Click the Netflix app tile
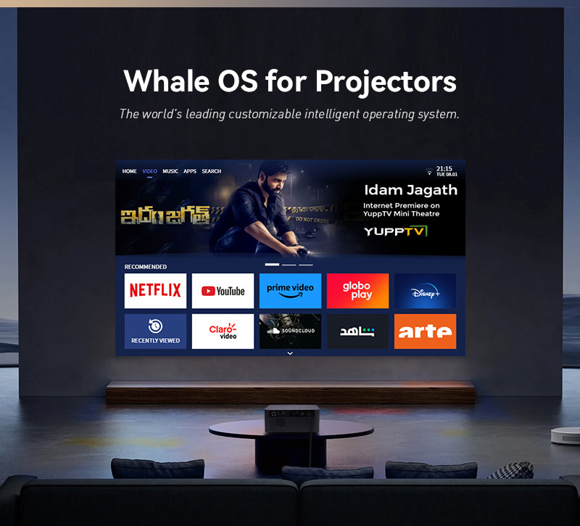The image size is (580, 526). click(155, 290)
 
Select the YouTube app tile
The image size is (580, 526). click(223, 290)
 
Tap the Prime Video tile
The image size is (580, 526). click(290, 290)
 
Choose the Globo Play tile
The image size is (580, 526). click(357, 290)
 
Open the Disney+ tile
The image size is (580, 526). click(425, 290)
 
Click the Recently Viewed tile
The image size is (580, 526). click(155, 331)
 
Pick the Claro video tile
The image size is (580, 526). click(223, 331)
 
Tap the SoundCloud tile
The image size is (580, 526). click(290, 331)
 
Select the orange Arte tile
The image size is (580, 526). click(425, 331)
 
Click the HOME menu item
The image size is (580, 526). click(129, 171)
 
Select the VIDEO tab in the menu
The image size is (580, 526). click(149, 171)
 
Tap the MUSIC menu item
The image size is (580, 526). click(170, 171)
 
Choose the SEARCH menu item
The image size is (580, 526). click(212, 171)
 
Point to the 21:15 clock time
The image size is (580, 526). click(444, 168)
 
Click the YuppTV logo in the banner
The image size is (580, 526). click(396, 231)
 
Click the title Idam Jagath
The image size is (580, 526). click(410, 190)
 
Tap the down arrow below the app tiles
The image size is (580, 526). click(290, 353)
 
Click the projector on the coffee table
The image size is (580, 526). click(292, 416)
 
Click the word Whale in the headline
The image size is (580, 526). click(165, 81)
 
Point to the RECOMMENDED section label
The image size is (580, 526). click(146, 267)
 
